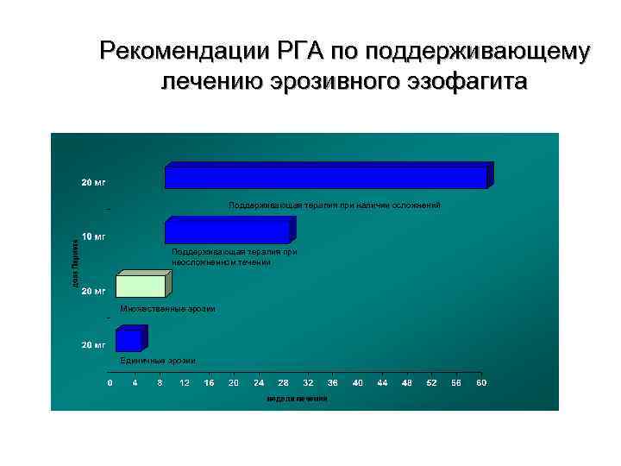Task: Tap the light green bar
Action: coord(140,284)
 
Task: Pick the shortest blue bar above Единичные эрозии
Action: coord(129,340)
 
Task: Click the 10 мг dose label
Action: coord(94,236)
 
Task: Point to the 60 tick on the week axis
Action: coord(482,382)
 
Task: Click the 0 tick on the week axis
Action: coord(110,382)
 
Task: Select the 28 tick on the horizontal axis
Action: coord(284,382)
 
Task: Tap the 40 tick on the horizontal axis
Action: coord(358,382)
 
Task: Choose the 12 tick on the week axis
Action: coord(185,382)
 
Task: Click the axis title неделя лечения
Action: coord(297,399)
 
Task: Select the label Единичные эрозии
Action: coord(158,360)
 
